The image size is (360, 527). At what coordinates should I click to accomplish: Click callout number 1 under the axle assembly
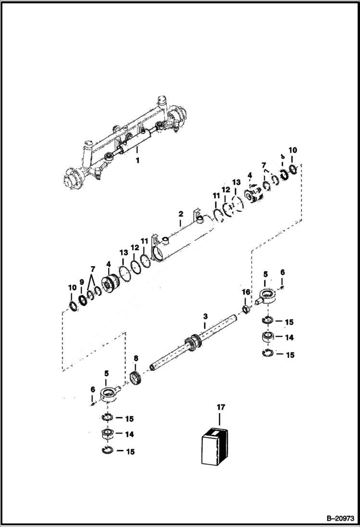click(137, 160)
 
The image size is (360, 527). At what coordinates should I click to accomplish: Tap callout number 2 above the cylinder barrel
click(181, 213)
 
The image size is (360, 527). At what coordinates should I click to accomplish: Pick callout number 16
click(246, 292)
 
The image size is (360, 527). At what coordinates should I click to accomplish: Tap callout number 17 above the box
click(221, 407)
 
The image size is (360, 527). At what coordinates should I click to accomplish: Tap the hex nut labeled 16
click(246, 307)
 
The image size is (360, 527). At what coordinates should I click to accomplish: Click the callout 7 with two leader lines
click(93, 268)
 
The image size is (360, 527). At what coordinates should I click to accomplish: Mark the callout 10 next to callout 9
click(72, 288)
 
